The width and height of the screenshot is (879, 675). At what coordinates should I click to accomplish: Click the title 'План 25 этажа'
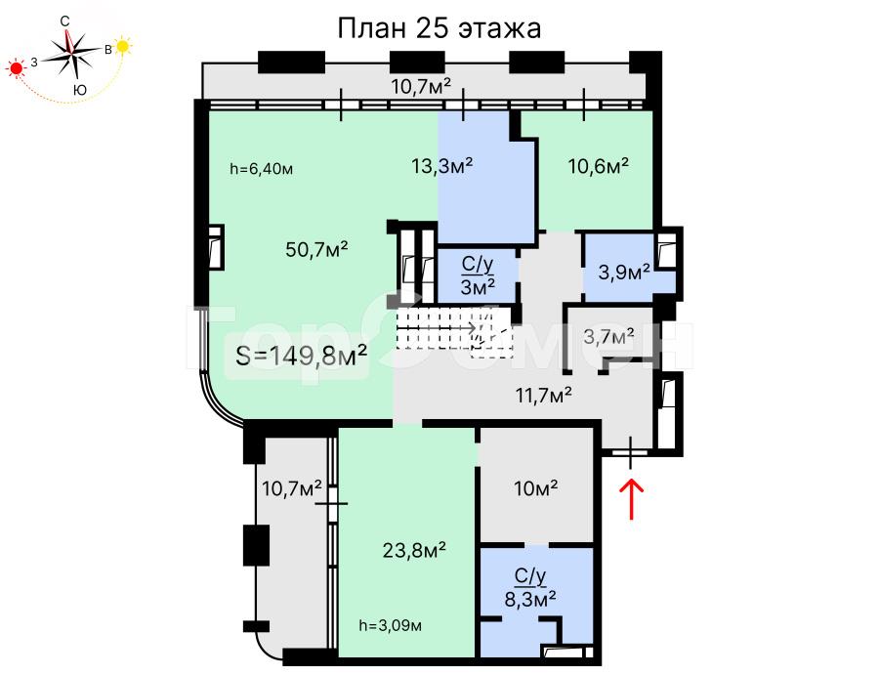tap(439, 28)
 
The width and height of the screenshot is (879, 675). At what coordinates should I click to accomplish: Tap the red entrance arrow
tap(631, 498)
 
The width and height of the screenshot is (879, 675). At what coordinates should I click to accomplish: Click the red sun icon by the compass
tap(17, 68)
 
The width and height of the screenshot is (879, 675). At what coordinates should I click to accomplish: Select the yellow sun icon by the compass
tap(122, 46)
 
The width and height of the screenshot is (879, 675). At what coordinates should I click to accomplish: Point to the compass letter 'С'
tap(65, 21)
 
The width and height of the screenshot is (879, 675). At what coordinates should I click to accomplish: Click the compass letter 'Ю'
tap(80, 90)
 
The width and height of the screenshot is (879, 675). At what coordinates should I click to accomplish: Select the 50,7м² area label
tap(316, 249)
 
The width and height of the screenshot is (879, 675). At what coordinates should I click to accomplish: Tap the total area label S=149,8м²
tap(302, 355)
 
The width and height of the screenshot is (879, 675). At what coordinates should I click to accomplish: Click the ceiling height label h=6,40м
tap(261, 169)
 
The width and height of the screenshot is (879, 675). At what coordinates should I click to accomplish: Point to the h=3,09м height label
tap(390, 625)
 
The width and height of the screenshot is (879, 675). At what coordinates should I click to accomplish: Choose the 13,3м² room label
tap(442, 165)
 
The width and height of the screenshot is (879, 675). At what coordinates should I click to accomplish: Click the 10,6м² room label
tap(598, 165)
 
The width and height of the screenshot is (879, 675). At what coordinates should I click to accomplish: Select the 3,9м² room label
tap(624, 272)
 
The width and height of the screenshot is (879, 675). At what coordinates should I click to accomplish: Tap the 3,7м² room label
tap(608, 336)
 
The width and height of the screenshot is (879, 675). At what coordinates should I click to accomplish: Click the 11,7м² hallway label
tap(544, 396)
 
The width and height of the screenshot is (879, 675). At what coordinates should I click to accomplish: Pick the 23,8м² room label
tap(414, 550)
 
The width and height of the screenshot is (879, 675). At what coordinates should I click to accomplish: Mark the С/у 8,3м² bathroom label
tap(530, 588)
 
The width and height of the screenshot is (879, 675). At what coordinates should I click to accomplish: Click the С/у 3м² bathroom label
tap(478, 275)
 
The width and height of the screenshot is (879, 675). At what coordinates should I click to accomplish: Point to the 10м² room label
tap(536, 487)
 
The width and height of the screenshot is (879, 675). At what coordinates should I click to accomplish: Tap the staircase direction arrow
tap(437, 327)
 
